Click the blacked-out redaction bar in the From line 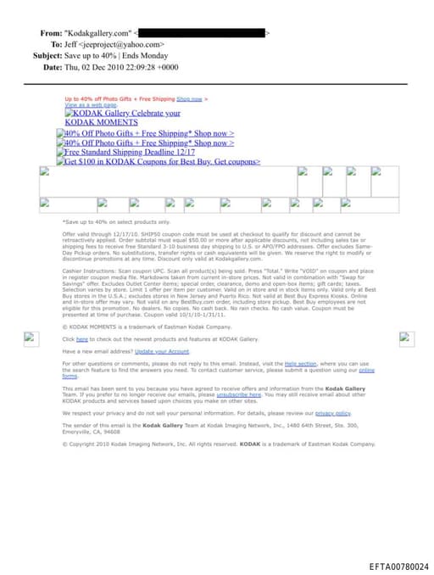[x=203, y=33]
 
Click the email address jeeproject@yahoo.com [x=120, y=44]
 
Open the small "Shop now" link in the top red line [x=189, y=98]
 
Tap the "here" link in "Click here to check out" [x=81, y=338]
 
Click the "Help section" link [x=296, y=363]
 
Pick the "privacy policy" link [x=332, y=413]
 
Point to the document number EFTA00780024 [x=398, y=566]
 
